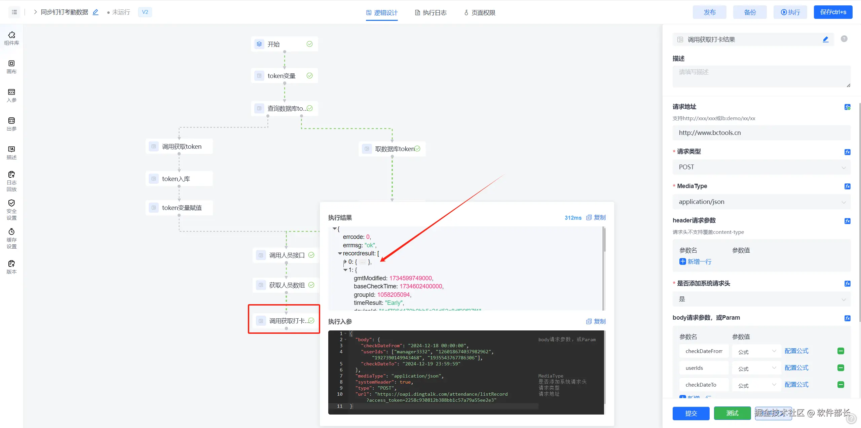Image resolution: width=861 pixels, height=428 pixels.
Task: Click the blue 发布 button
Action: pos(709,12)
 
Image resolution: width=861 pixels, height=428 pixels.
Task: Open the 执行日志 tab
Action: pos(431,13)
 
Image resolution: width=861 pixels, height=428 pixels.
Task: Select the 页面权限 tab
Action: pos(480,13)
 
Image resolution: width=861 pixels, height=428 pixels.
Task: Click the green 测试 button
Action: pos(732,413)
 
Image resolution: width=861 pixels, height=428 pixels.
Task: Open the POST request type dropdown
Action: pos(761,167)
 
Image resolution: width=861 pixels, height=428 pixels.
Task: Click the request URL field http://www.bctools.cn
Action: pos(761,133)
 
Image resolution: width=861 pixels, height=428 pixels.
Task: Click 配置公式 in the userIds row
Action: pos(796,368)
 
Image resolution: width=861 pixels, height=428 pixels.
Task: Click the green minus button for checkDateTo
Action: pos(840,385)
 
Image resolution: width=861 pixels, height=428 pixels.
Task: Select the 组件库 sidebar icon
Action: pos(11,38)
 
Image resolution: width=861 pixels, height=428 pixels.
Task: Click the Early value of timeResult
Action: pos(394,303)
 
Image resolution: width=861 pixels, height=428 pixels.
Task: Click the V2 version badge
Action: pos(145,12)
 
